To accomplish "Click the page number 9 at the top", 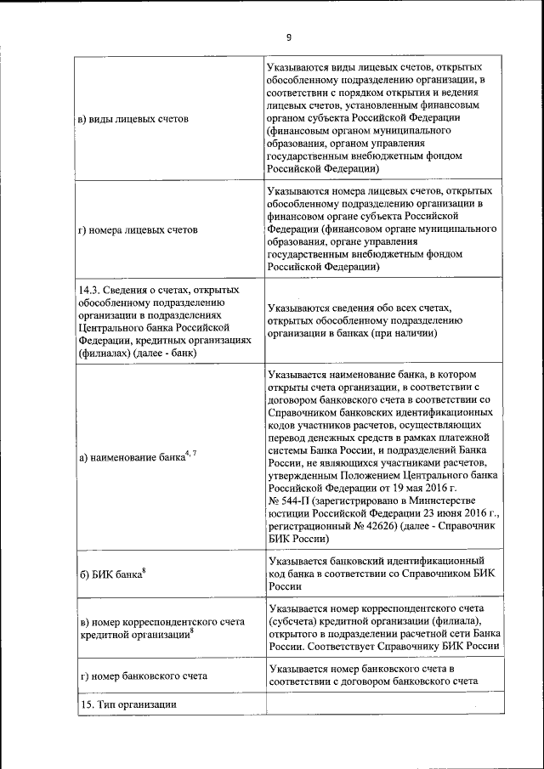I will point(288,37).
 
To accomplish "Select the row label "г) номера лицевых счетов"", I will point(138,229).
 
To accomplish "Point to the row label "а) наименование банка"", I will point(131,456).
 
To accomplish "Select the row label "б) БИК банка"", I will point(110,574).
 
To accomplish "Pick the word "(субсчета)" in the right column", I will point(295,620).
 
